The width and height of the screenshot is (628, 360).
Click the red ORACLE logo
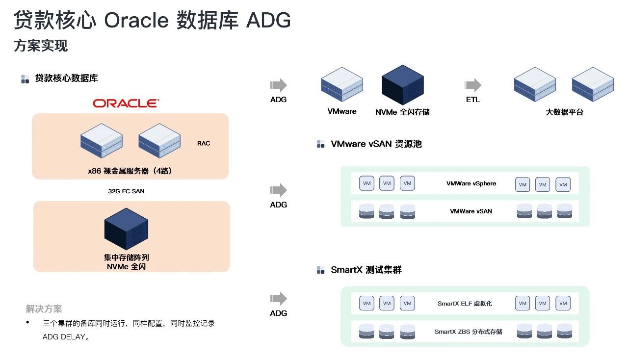pos(126,103)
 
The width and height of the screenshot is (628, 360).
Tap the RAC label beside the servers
pos(204,143)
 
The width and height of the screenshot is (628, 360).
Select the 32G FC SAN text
pos(126,191)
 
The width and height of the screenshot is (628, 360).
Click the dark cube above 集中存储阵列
pos(126,229)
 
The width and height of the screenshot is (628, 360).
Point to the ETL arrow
pos(473,85)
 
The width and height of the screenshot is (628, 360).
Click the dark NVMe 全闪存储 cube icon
pos(403,85)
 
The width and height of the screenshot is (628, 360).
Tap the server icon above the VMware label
pos(342,84)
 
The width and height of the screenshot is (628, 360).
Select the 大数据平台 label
pos(564,112)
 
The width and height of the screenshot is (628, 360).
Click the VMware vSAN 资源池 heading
pos(376,144)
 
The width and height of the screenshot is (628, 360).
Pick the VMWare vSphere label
pos(471,183)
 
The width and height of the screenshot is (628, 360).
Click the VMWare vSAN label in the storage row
pos(471,211)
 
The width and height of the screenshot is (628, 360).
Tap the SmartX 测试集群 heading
pos(366,270)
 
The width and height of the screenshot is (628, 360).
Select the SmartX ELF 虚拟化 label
pos(465,304)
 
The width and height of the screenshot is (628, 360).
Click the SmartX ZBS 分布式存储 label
pos(468,332)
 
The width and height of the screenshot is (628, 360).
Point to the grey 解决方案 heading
pos(44,309)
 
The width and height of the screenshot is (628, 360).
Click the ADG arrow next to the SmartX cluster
pos(278,299)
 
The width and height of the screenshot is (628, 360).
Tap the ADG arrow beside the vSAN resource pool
pos(278,190)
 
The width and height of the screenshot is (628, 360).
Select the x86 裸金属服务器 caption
pos(130,171)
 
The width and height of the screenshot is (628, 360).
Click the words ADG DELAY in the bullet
pos(64,337)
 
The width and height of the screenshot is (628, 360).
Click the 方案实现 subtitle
pos(41,46)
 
